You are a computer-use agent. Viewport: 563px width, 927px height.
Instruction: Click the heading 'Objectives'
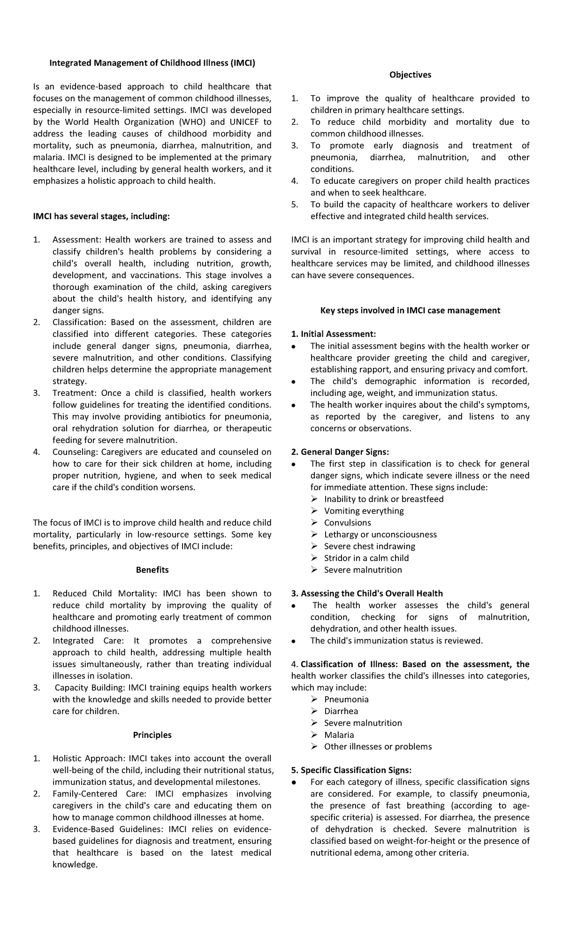410,75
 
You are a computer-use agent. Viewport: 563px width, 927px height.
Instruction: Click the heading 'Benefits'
152,570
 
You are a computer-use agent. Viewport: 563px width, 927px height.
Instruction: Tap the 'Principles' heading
152,735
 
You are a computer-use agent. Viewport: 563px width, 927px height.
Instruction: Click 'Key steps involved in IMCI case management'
410,310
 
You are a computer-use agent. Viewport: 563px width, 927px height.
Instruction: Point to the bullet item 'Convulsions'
347,523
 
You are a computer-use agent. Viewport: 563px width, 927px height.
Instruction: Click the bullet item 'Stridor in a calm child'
366,558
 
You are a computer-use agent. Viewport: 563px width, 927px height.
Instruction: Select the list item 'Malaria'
339,735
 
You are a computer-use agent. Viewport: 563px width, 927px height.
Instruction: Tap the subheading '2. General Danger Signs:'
340,452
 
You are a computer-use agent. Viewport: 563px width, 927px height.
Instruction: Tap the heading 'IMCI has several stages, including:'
101,216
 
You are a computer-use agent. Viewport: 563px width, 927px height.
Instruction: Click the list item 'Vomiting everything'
364,511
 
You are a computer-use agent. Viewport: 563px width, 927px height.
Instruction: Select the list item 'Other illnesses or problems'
378,746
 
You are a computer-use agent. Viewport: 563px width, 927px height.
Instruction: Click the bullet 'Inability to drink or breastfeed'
383,499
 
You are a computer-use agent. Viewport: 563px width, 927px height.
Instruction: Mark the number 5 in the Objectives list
294,205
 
